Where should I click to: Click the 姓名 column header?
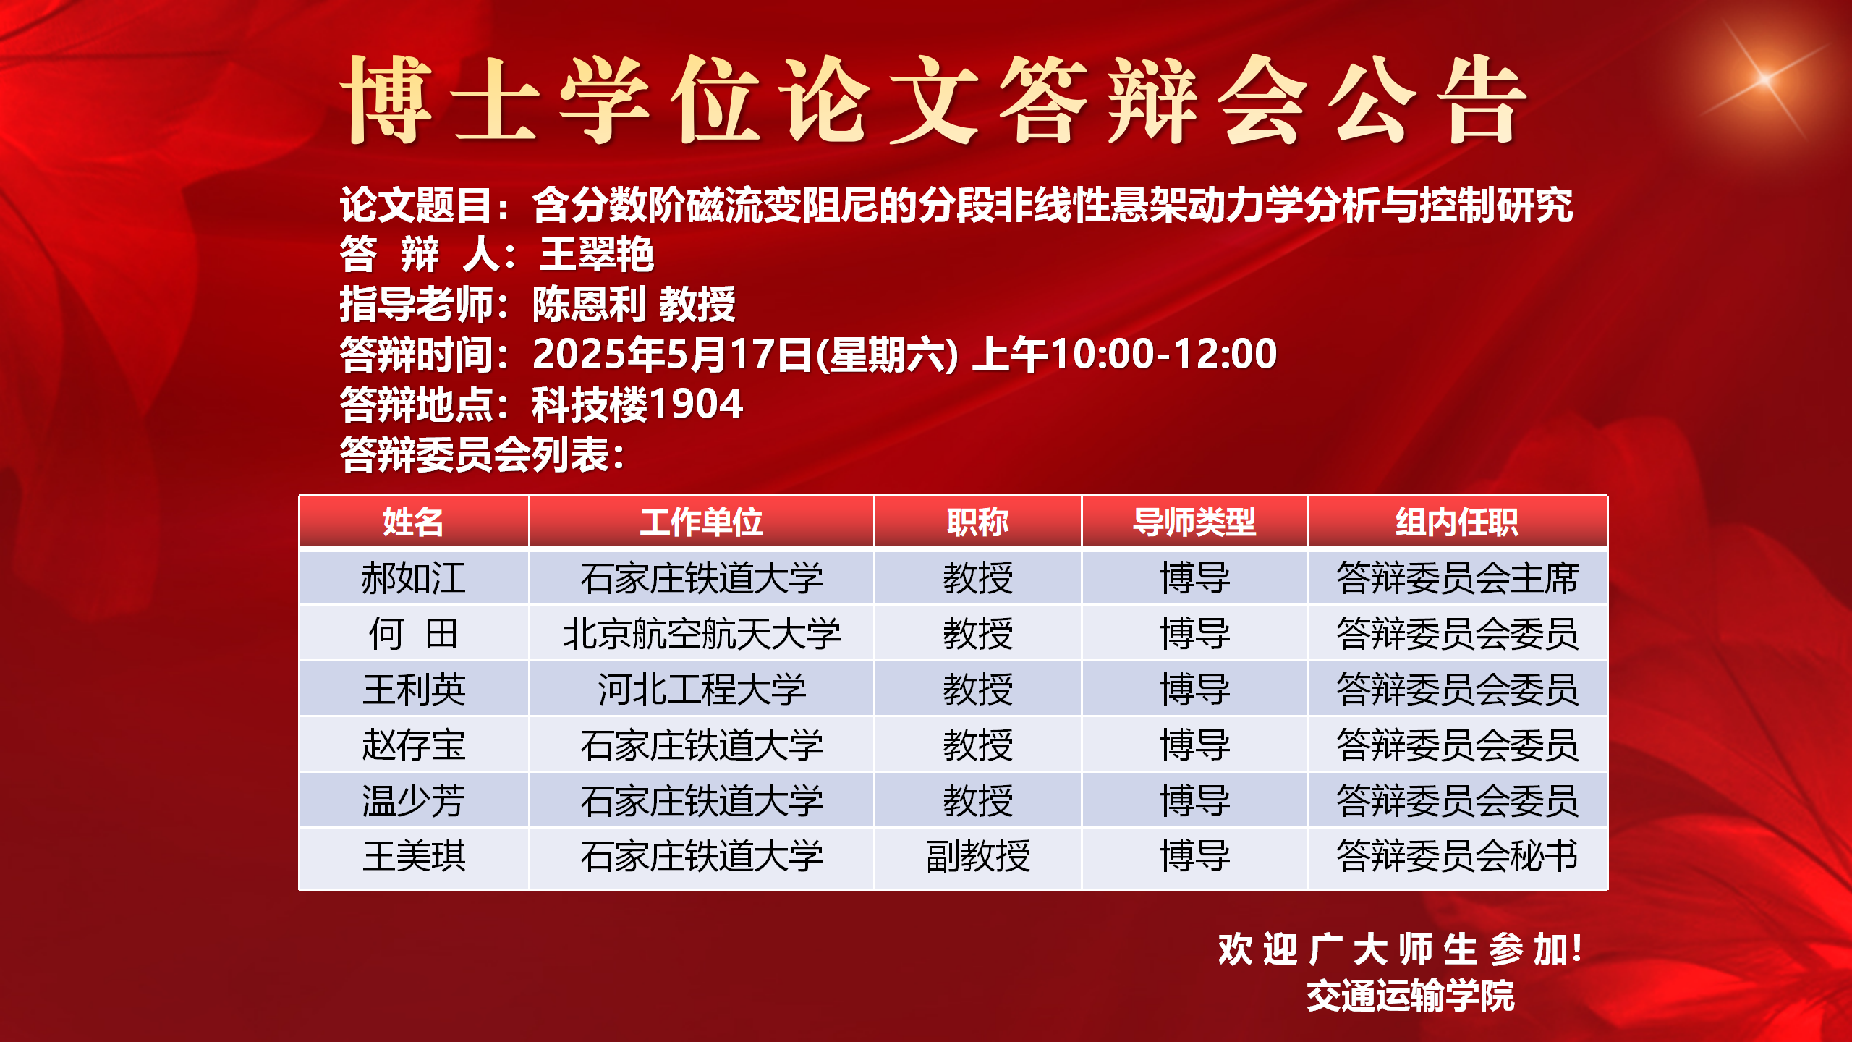click(412, 522)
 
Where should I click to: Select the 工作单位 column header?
click(701, 522)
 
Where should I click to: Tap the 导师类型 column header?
click(1194, 522)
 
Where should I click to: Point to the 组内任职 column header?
click(1456, 522)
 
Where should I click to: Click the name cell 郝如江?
click(413, 578)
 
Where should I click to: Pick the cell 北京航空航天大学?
click(702, 634)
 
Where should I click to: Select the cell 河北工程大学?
click(702, 689)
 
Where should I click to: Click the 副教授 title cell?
click(978, 856)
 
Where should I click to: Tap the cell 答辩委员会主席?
click(1457, 578)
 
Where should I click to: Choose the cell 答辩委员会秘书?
click(1457, 856)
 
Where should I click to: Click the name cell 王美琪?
click(414, 856)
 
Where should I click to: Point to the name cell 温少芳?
click(413, 801)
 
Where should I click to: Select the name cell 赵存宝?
click(413, 745)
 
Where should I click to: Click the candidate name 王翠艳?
click(597, 255)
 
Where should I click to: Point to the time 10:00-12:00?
click(1163, 354)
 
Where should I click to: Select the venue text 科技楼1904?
click(637, 404)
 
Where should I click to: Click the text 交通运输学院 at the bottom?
click(1410, 996)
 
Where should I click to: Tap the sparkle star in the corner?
click(1765, 78)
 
